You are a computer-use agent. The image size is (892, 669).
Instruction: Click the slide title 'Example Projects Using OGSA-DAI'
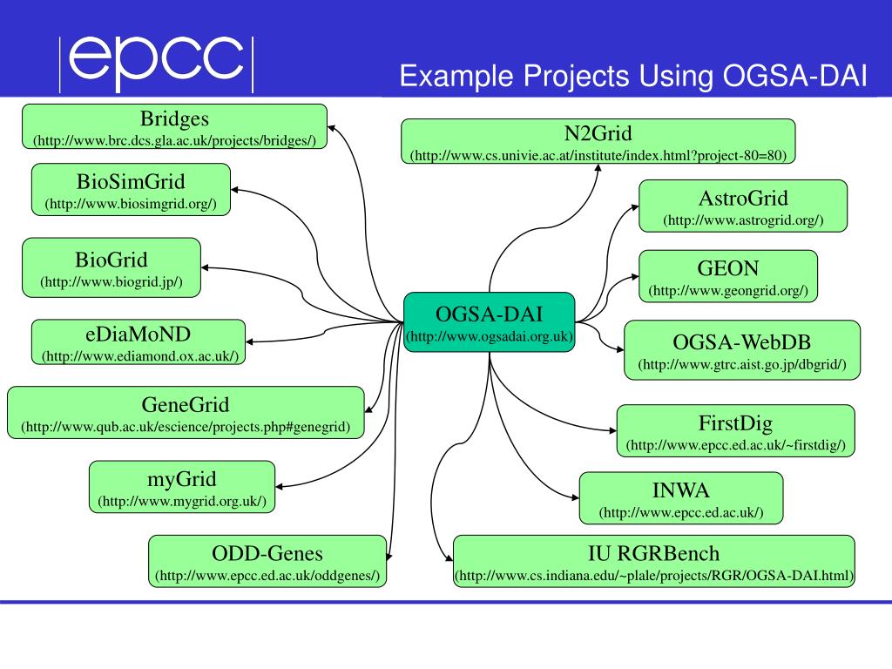pos(633,76)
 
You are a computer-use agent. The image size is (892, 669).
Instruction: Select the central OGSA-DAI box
pos(490,322)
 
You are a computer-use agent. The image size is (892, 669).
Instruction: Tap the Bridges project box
pos(174,126)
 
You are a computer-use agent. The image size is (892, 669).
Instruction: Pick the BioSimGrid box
pos(131,191)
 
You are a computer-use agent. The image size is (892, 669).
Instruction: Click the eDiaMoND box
pos(139,342)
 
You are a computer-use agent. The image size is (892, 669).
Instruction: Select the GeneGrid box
pos(186,414)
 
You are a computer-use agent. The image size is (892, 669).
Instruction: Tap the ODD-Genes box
pos(267,563)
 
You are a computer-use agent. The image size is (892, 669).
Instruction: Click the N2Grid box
pos(598,142)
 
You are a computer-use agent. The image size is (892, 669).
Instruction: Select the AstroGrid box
pos(743,206)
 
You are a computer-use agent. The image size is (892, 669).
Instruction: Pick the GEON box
pos(728,276)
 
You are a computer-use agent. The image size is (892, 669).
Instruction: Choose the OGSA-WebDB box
pos(742,350)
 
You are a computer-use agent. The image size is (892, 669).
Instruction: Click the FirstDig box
pos(736,431)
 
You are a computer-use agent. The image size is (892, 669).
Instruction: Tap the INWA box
pos(681,499)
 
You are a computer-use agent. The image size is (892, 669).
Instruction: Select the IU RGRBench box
pos(654,563)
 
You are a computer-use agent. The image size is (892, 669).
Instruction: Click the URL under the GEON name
pos(728,290)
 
